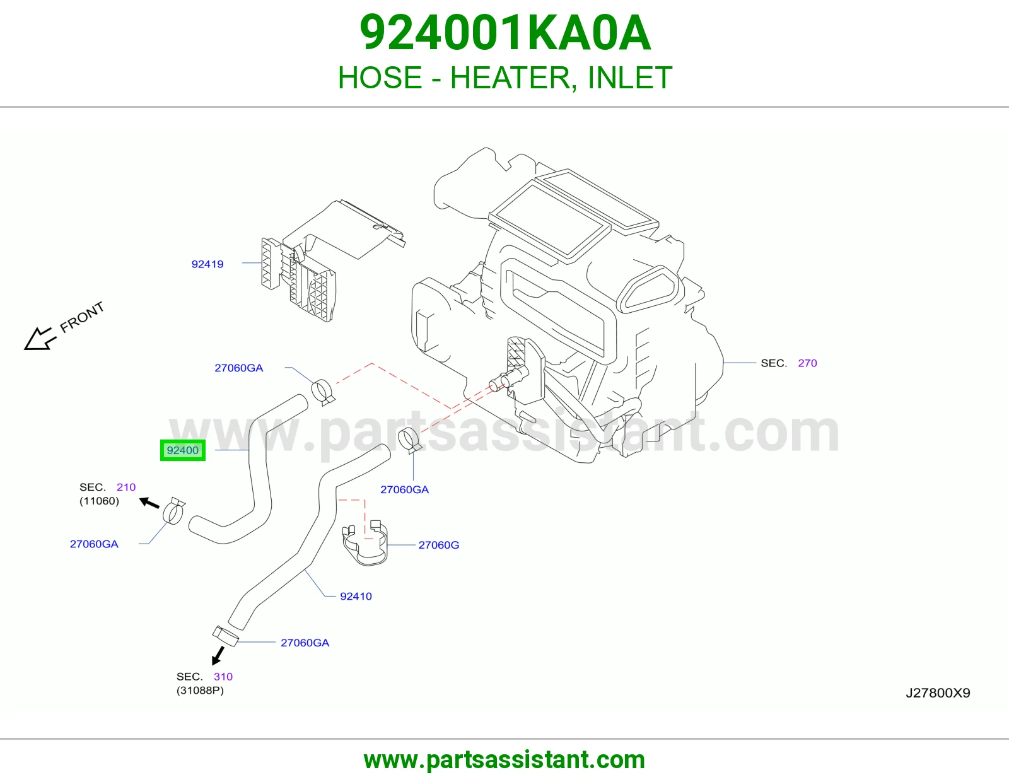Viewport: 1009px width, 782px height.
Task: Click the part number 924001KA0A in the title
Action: point(504,33)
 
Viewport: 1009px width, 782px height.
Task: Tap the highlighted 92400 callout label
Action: point(182,450)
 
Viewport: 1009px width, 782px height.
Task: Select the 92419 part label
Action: point(207,264)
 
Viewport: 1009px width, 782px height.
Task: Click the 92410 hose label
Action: point(356,596)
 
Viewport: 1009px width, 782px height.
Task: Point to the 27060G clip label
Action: point(439,545)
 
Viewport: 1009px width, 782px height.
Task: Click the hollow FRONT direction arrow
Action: point(40,339)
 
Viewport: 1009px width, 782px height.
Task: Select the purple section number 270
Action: point(807,363)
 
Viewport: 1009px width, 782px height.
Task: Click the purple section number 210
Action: point(126,487)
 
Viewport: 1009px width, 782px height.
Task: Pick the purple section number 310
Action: point(223,677)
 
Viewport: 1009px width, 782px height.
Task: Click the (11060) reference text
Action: point(99,501)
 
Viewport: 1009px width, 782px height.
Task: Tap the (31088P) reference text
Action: point(200,691)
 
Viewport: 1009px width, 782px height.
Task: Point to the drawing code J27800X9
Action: point(938,693)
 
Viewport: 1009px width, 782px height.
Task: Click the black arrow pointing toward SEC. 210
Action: point(149,503)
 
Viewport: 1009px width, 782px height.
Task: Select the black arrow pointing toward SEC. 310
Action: point(218,655)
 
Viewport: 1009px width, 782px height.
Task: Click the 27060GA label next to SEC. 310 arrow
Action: point(305,643)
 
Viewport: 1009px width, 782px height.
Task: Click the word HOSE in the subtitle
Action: point(380,78)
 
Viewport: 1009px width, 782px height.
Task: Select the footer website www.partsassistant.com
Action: point(504,760)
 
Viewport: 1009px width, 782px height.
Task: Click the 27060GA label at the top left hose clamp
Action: point(238,368)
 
